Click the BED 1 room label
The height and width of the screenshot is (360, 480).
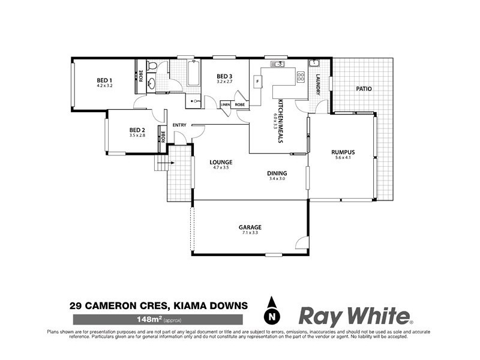pos(105,80)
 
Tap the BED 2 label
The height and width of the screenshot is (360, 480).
pos(137,130)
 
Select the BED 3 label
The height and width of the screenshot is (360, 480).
pos(224,76)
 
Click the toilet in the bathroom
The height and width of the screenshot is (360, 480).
pos(152,66)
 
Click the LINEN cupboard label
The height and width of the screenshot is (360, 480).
pos(226,105)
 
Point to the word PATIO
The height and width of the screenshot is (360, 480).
pos(364,89)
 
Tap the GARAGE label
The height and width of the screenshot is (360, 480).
pos(250,227)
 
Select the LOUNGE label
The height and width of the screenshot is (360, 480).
pos(220,163)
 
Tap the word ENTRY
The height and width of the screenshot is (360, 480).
pos(179,125)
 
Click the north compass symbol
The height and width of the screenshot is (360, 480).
pos(273,312)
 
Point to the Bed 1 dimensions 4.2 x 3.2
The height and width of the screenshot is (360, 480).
pos(105,86)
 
